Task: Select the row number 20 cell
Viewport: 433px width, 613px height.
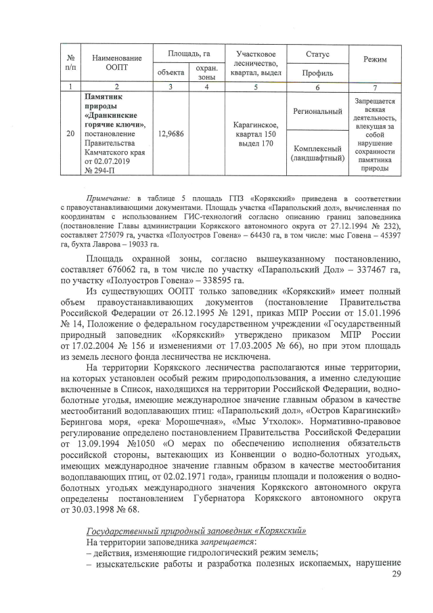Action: pyautogui.click(x=70, y=134)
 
